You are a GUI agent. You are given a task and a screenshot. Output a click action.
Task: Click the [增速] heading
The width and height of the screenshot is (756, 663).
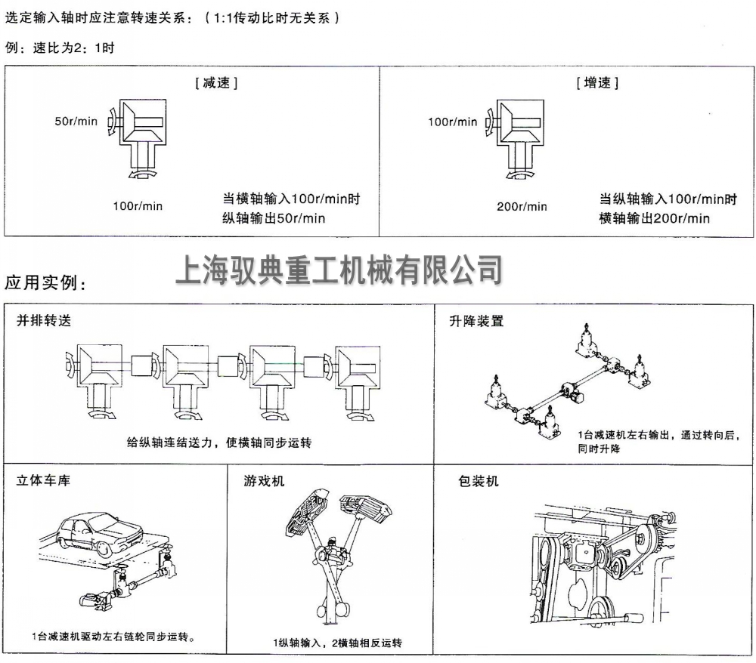(x=596, y=83)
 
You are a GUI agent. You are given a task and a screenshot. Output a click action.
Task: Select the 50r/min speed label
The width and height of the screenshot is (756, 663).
(x=76, y=121)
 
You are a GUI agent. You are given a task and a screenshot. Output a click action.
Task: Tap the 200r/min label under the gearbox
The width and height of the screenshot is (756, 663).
(x=522, y=206)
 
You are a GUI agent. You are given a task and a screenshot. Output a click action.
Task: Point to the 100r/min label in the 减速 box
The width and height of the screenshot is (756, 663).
(x=138, y=206)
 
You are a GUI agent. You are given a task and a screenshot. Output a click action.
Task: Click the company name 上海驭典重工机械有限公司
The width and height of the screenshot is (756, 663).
(x=339, y=268)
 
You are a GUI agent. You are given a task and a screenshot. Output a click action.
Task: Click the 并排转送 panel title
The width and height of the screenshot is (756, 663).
(x=45, y=320)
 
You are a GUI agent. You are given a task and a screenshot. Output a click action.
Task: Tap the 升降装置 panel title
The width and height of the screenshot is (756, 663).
(x=476, y=320)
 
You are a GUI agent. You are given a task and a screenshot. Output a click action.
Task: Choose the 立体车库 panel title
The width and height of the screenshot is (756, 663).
(x=43, y=480)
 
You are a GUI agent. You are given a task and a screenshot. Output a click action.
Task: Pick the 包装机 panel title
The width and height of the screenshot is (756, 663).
(x=479, y=480)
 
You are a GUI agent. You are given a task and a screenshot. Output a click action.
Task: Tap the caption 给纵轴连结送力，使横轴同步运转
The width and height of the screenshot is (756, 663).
(x=218, y=443)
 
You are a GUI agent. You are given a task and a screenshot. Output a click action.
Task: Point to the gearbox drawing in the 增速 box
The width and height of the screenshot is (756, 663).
(x=518, y=140)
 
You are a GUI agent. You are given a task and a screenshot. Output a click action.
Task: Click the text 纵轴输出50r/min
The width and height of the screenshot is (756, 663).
(x=274, y=218)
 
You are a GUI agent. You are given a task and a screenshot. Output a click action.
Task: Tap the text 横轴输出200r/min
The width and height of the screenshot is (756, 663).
(x=655, y=218)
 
